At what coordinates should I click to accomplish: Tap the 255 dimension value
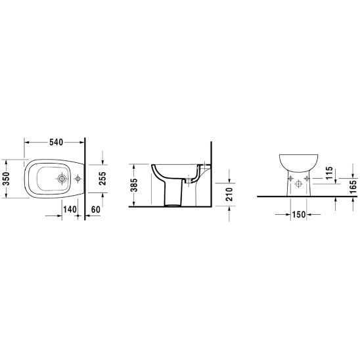(x=102, y=177)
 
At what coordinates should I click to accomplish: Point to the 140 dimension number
(x=70, y=209)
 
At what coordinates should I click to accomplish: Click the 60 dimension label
(x=96, y=209)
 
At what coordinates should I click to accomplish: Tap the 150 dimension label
(x=299, y=214)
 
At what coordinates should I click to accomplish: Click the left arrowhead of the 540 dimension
(x=27, y=141)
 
